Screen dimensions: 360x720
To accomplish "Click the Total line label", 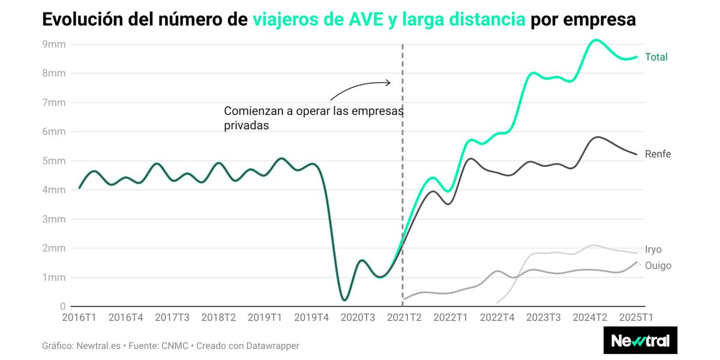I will pyautogui.click(x=656, y=57).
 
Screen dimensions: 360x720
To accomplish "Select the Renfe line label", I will pyautogui.click(x=658, y=154).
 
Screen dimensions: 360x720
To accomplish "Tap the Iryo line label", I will pyautogui.click(x=653, y=250).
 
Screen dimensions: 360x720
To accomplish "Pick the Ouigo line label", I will pyautogui.click(x=658, y=266).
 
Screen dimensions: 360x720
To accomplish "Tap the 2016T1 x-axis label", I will pyautogui.click(x=79, y=317).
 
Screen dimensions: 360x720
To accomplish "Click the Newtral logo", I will pyautogui.click(x=640, y=341).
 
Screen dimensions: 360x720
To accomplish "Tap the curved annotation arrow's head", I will pyautogui.click(x=389, y=82).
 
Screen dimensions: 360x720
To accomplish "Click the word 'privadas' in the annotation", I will pyautogui.click(x=246, y=126).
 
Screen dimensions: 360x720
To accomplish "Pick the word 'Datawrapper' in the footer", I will pyautogui.click(x=269, y=346).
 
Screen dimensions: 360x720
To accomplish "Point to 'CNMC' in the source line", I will pyautogui.click(x=175, y=346).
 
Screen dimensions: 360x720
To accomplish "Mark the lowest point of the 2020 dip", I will pyautogui.click(x=344, y=299).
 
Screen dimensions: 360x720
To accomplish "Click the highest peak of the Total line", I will pyautogui.click(x=594, y=40).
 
